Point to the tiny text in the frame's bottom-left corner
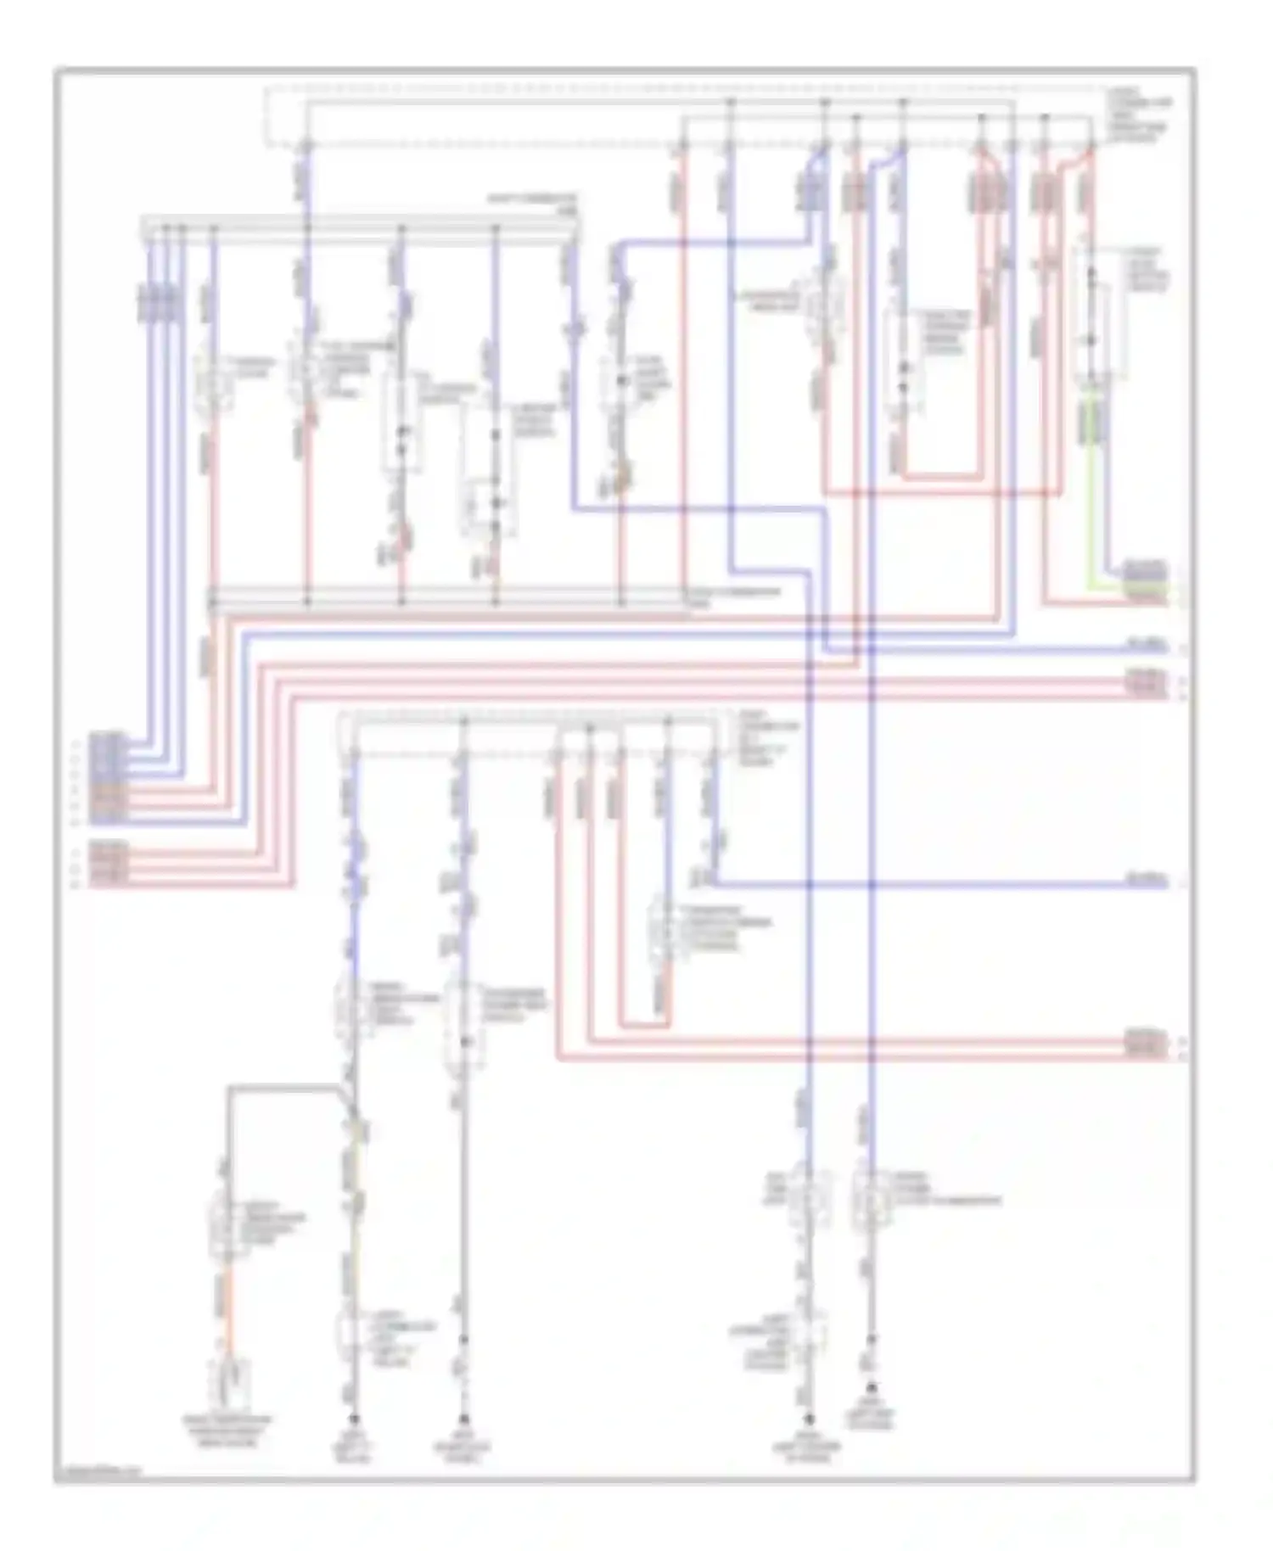(98, 1474)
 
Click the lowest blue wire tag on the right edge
(1147, 883)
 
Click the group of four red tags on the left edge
(109, 865)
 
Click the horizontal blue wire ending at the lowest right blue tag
(934, 885)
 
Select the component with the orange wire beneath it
(226, 1224)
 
